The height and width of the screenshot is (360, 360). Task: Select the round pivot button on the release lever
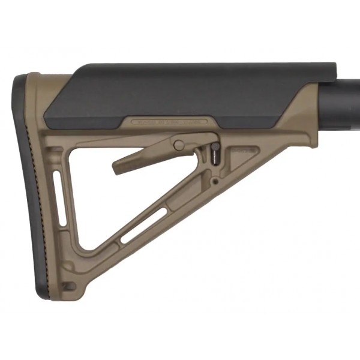coord(178,145)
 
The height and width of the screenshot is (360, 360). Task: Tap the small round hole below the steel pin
coord(215,179)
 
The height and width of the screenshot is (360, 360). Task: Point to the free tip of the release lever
coord(115,168)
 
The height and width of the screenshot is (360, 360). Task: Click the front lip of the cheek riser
coord(329,69)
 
